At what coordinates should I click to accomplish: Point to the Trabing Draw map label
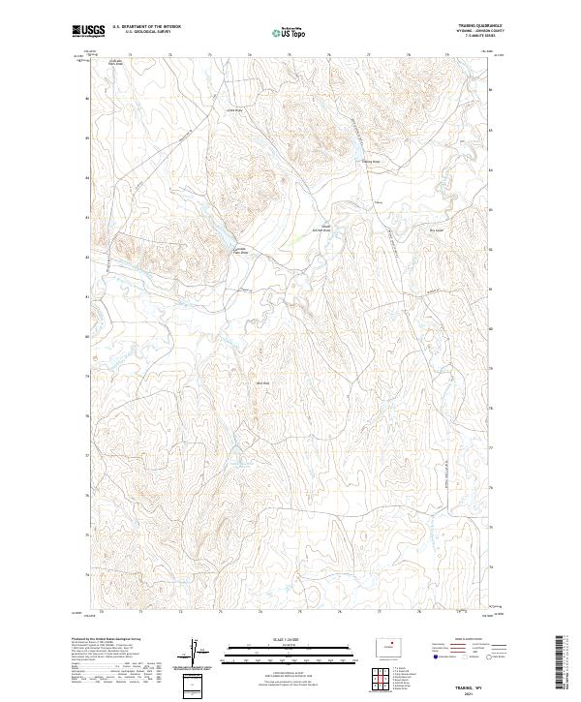(x=373, y=161)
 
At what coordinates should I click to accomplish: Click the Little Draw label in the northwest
(x=232, y=109)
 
